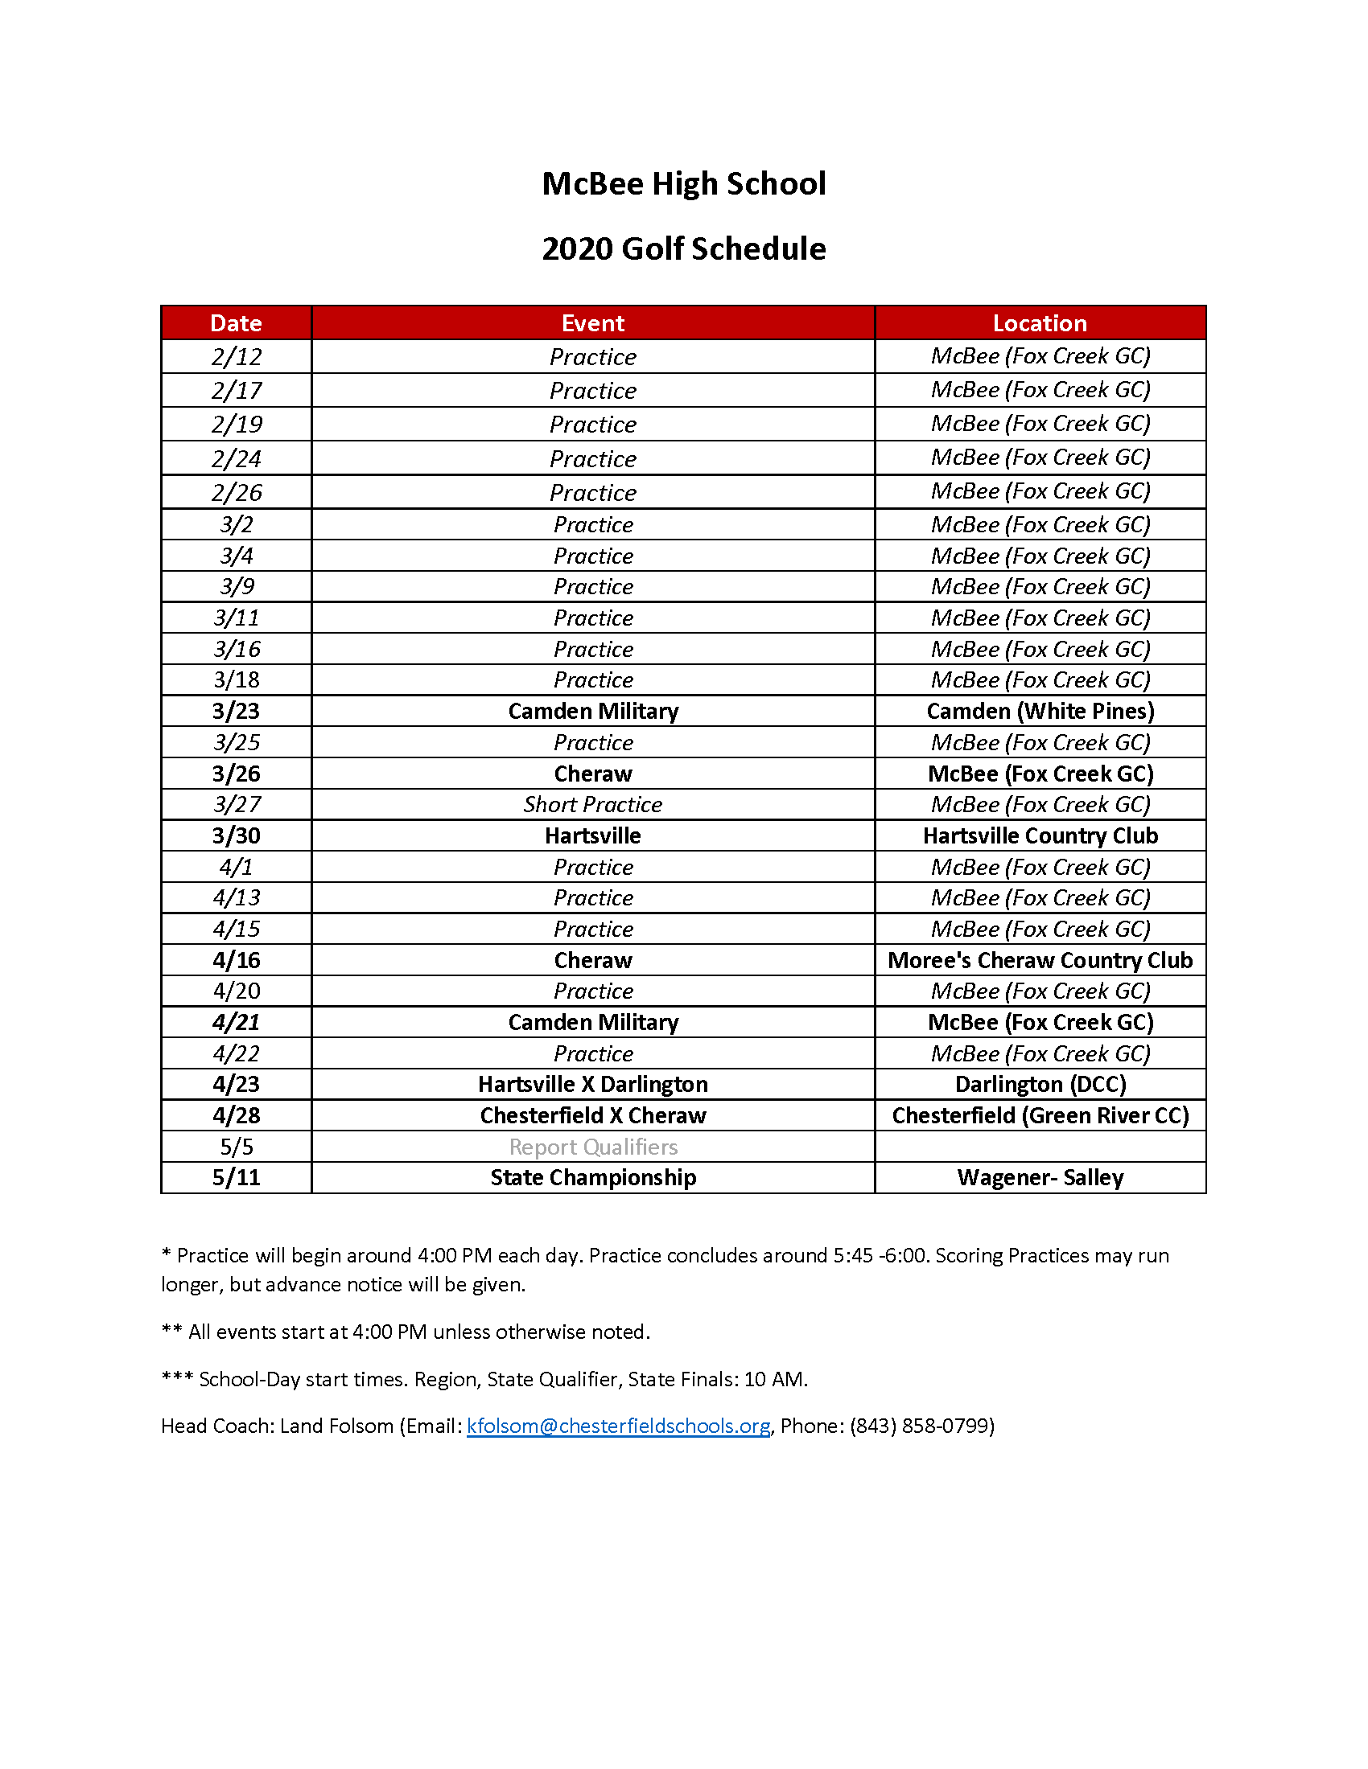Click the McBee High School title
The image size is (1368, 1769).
(683, 184)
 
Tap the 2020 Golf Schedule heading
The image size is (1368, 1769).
(683, 248)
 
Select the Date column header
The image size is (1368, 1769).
(236, 323)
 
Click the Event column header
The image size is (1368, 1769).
(592, 323)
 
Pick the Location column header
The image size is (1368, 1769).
(1040, 323)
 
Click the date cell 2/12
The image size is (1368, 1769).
(236, 357)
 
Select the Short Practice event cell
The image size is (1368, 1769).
(592, 804)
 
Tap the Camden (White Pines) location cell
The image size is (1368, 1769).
(1040, 711)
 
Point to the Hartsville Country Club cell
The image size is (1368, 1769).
(1040, 836)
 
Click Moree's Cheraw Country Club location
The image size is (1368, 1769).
(1040, 960)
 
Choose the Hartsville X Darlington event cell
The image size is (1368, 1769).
(592, 1085)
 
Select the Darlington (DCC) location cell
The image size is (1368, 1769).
(1040, 1085)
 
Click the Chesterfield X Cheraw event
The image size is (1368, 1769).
(592, 1115)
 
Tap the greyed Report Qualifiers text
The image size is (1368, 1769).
(592, 1147)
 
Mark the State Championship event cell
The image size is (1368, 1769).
(592, 1178)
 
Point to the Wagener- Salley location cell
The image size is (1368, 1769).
(1040, 1178)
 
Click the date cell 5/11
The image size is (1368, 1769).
(236, 1178)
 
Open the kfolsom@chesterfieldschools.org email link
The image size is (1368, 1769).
(617, 1426)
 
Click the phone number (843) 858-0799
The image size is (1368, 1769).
(921, 1426)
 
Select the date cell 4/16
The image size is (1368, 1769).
(236, 960)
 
